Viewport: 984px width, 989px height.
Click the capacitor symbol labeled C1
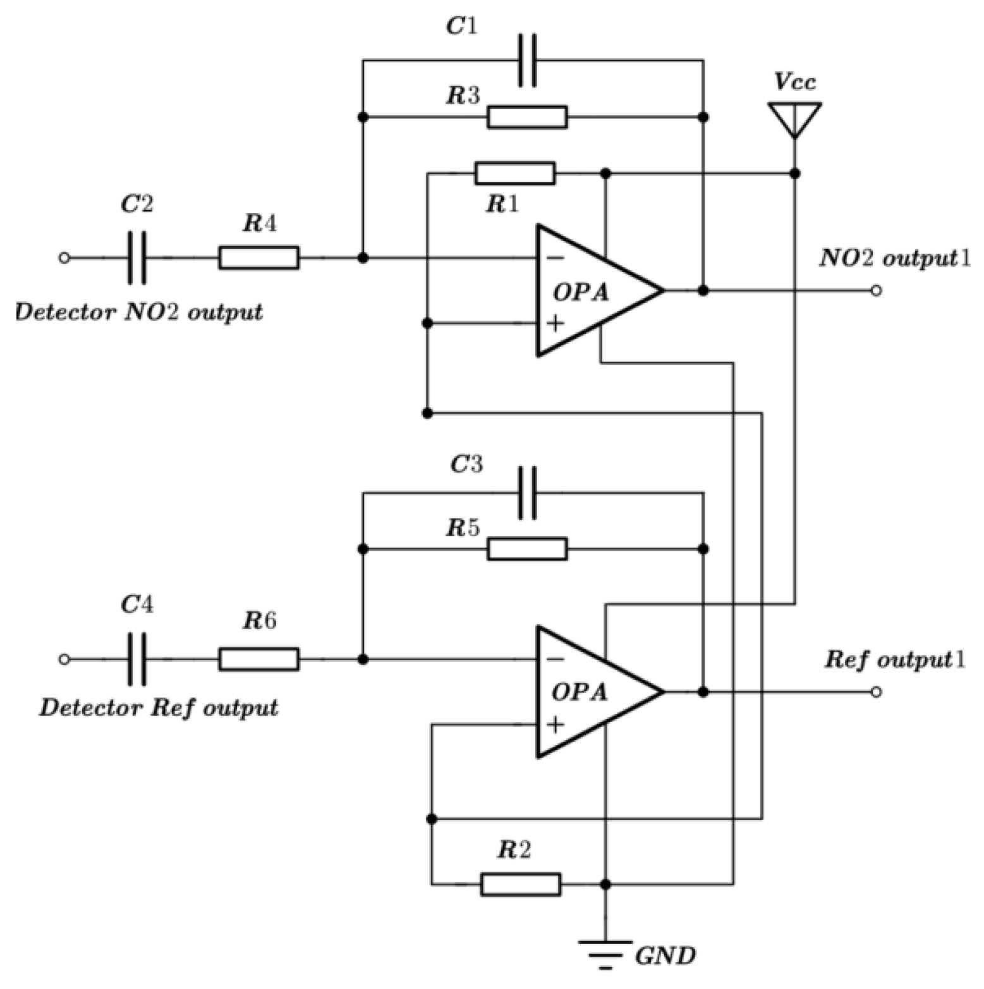pos(527,61)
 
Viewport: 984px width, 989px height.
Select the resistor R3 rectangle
pos(527,117)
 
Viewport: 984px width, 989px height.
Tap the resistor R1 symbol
pos(515,173)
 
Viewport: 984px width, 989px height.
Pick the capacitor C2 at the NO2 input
pos(137,258)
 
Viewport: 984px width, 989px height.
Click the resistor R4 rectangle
pos(258,258)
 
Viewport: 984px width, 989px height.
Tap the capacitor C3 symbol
pos(527,493)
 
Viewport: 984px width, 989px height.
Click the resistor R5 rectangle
pos(527,549)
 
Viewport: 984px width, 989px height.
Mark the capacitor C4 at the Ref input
pos(137,659)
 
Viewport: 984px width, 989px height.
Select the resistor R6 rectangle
pos(258,659)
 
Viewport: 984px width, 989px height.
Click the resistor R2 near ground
pos(520,884)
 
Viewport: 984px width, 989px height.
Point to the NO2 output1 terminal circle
pos(876,291)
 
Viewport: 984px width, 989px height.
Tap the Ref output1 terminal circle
pos(876,692)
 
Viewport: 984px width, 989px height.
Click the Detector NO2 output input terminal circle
pos(64,258)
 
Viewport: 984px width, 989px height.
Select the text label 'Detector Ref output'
pos(159,707)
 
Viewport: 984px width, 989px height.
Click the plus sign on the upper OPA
pos(555,324)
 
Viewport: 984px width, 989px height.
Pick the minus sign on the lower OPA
pos(555,660)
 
